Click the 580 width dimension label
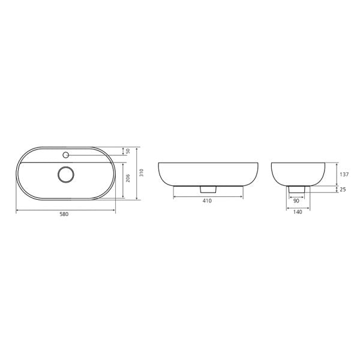(x=64, y=214)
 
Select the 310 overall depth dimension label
(x=142, y=172)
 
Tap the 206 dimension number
(x=128, y=178)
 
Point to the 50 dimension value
(x=128, y=151)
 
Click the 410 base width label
(x=207, y=201)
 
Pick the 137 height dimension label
(x=344, y=175)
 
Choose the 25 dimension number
(x=343, y=190)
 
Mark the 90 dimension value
(x=296, y=201)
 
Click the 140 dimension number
(x=298, y=212)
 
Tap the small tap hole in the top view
(x=66, y=155)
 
